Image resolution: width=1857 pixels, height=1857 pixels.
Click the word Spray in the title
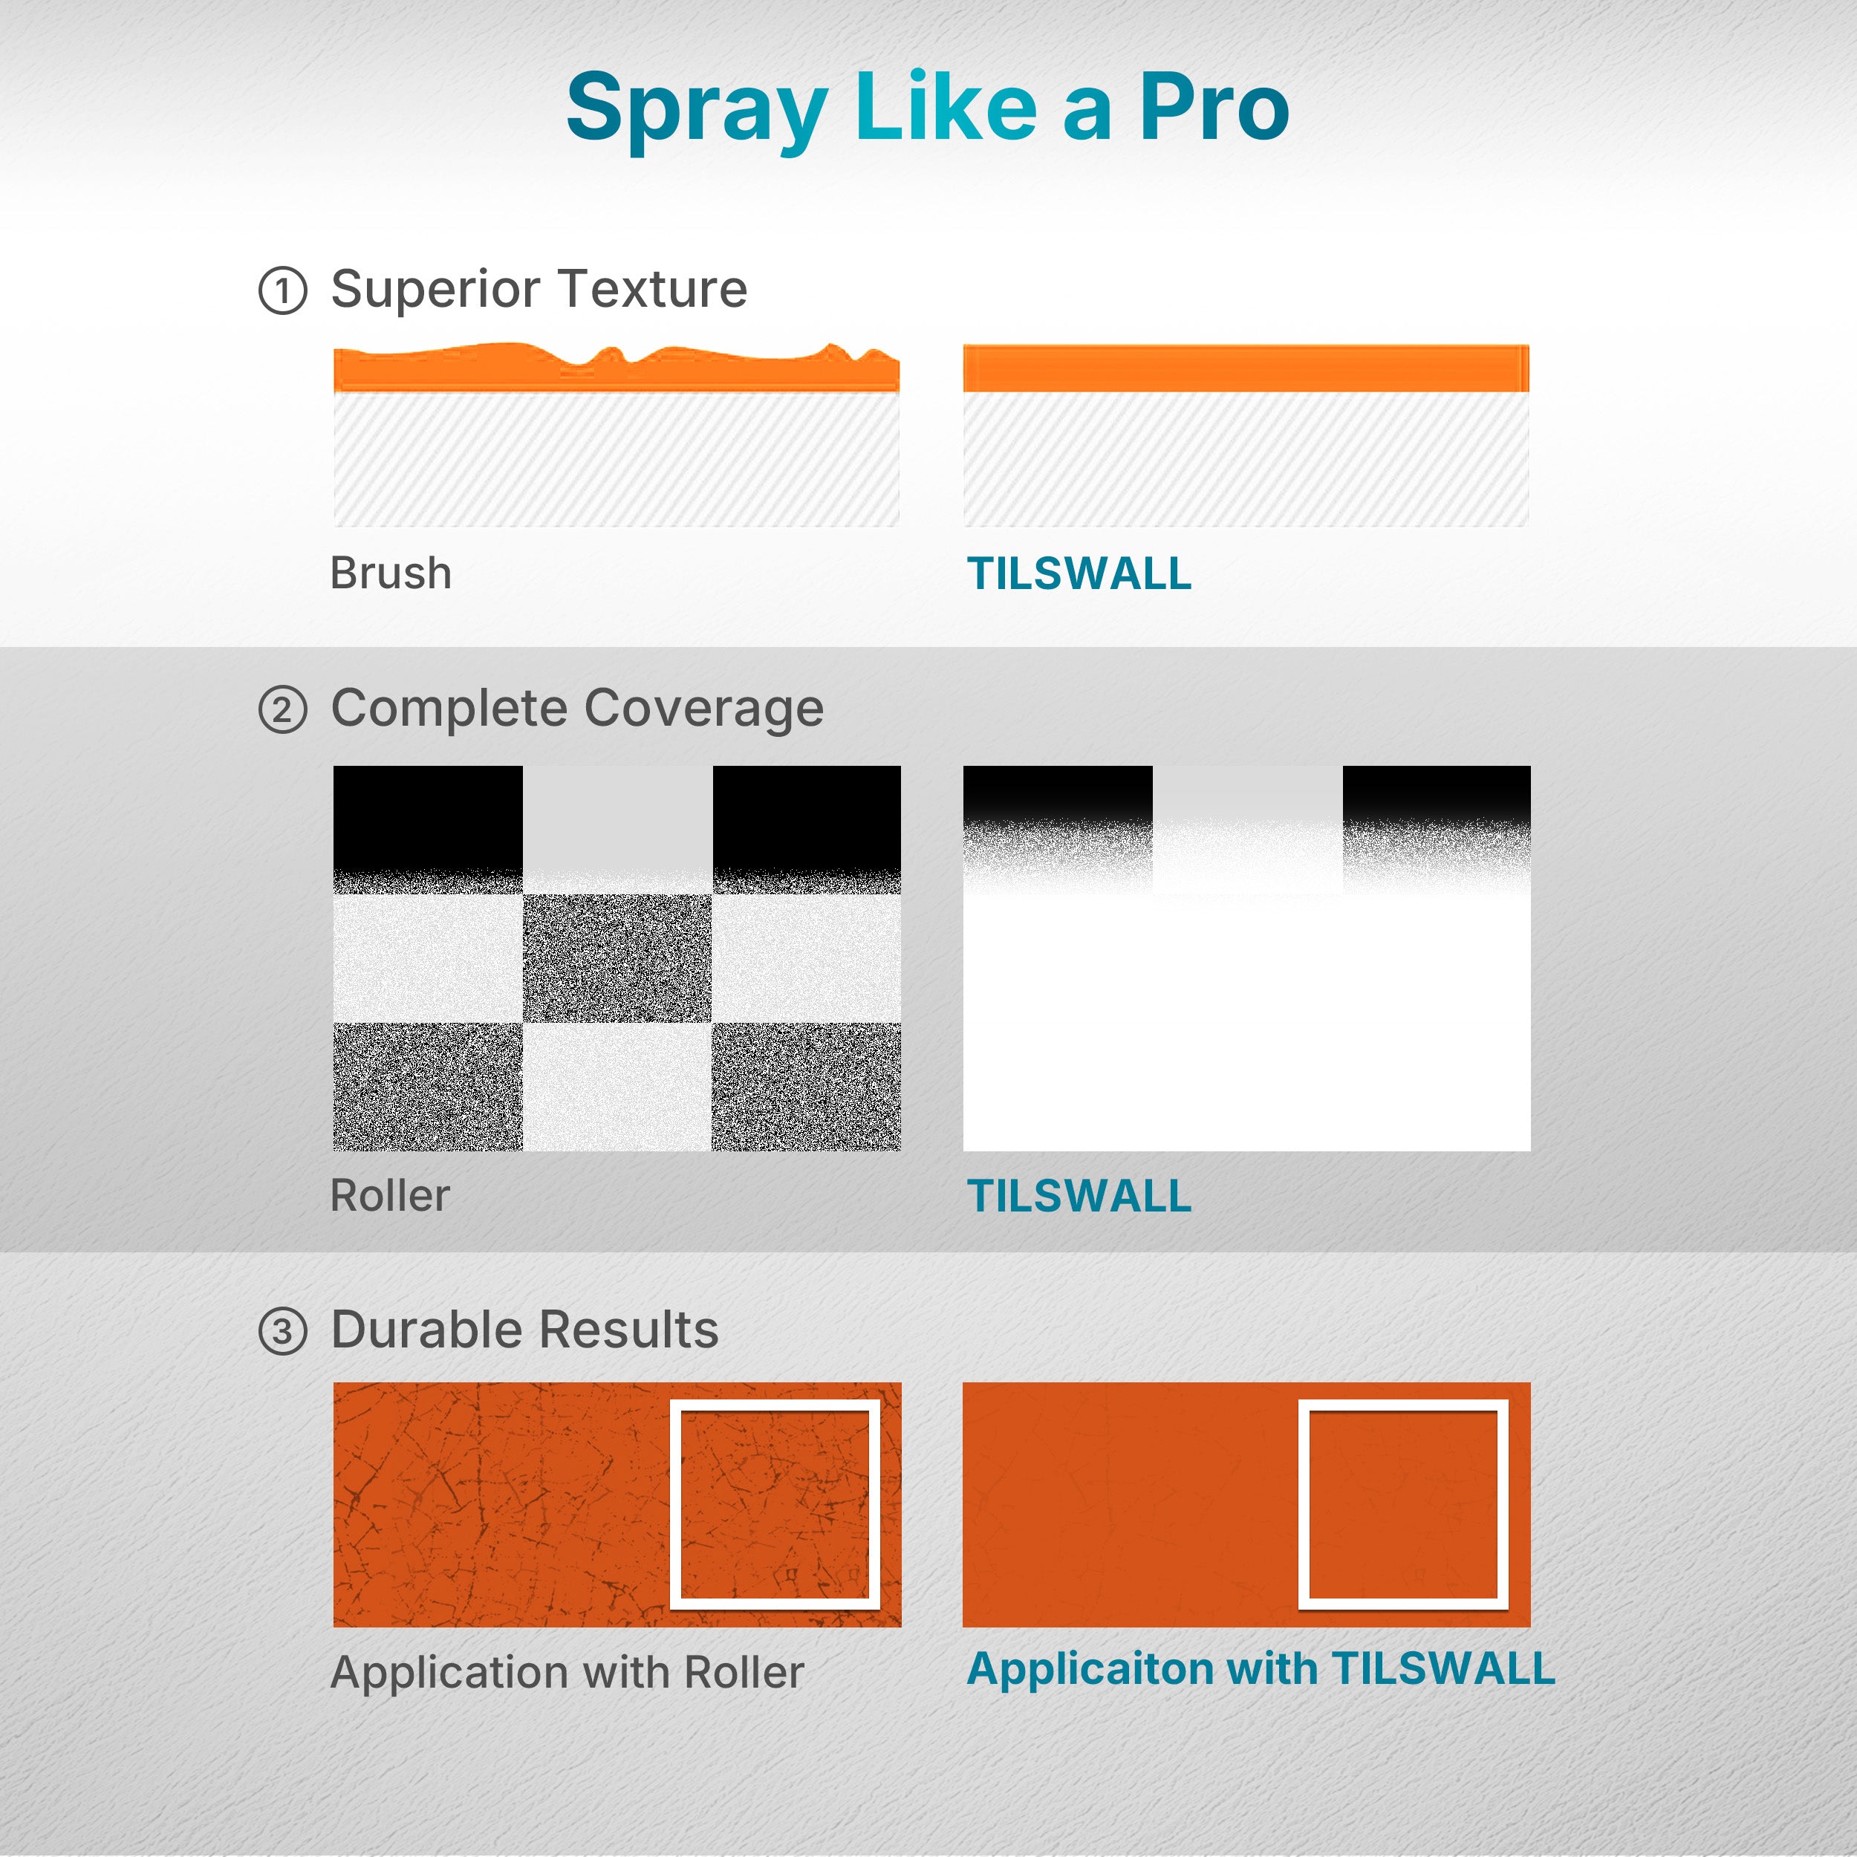697,111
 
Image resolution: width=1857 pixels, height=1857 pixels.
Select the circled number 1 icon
282,290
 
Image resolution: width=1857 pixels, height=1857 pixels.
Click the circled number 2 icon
282,710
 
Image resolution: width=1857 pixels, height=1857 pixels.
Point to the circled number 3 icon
282,1331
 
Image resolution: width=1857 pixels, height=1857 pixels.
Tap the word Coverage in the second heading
703,709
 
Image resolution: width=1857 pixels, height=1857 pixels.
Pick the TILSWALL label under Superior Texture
1079,574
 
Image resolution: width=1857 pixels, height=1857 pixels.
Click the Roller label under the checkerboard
390,1196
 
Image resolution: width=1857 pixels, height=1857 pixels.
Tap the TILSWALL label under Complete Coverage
1079,1196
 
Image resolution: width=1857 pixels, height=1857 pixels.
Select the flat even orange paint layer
1246,368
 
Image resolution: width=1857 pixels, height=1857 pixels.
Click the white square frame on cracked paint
775,1405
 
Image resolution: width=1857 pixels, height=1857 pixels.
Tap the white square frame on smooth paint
1403,1405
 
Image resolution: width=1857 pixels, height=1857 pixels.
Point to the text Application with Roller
567,1674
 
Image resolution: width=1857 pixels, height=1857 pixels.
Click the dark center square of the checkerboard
617,958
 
